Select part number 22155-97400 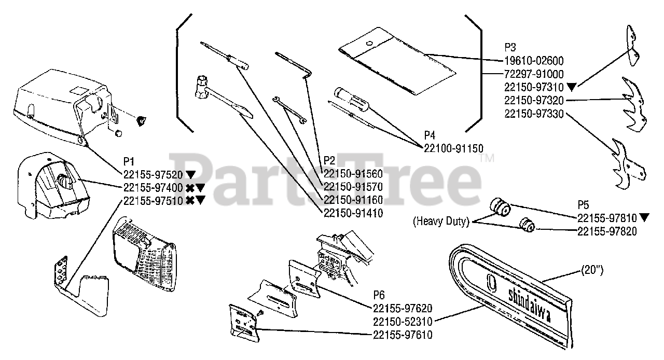(153, 187)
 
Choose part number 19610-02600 (534, 61)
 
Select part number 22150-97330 (534, 114)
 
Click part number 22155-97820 (607, 232)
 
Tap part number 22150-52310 (403, 322)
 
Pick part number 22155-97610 (403, 335)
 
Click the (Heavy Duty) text (441, 222)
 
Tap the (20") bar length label (592, 271)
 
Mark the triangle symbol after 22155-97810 (644, 218)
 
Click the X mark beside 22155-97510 (189, 200)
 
